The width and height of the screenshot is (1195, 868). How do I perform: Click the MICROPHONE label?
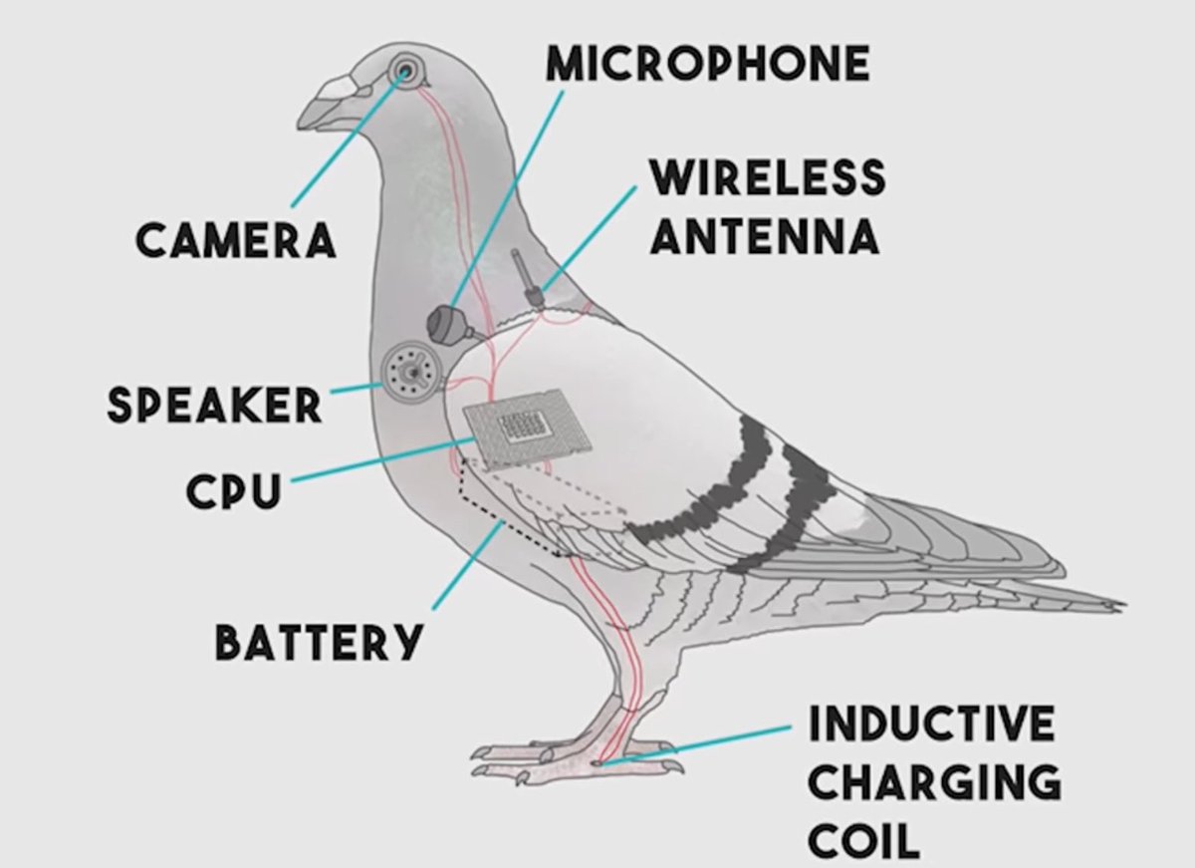[x=708, y=65]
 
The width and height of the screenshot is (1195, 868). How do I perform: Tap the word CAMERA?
[x=235, y=240]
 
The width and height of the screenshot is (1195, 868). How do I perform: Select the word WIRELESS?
[x=767, y=178]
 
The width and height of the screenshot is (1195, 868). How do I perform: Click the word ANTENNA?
[x=765, y=237]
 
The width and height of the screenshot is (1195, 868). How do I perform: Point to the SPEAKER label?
[x=215, y=405]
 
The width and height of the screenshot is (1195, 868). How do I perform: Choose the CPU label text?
[x=234, y=490]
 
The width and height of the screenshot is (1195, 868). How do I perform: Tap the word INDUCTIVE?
[x=931, y=723]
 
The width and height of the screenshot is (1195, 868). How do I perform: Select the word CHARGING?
[x=934, y=782]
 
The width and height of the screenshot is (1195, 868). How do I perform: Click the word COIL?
[x=863, y=841]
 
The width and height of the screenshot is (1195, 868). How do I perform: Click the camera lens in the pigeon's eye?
[x=405, y=71]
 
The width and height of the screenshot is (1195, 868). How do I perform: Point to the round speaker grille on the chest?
[x=408, y=370]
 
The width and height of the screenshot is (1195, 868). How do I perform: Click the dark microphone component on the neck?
[x=446, y=322]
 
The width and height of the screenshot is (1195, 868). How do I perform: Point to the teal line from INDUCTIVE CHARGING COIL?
[x=697, y=744]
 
